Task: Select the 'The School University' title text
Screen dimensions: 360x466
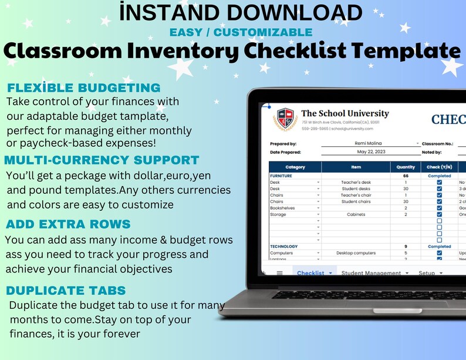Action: pyautogui.click(x=345, y=113)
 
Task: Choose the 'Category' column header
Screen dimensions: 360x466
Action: pyautogui.click(x=295, y=167)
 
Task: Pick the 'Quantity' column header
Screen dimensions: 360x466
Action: pyautogui.click(x=406, y=167)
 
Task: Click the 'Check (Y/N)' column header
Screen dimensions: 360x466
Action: pyautogui.click(x=438, y=167)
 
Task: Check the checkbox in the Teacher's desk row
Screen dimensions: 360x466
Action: pyautogui.click(x=439, y=182)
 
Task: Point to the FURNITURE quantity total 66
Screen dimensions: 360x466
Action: pyautogui.click(x=406, y=176)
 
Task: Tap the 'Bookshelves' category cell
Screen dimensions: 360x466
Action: pyautogui.click(x=283, y=208)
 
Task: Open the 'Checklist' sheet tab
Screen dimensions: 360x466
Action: pyautogui.click(x=310, y=273)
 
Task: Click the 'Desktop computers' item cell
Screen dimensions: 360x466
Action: pyautogui.click(x=356, y=253)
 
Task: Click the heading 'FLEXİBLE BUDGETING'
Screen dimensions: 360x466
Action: pyautogui.click(x=83, y=88)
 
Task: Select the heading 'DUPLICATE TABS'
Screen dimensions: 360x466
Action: pyautogui.click(x=65, y=291)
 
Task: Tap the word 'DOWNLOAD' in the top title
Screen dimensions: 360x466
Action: pyautogui.click(x=296, y=12)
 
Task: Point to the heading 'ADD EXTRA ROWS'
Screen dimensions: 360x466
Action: pyautogui.click(x=68, y=224)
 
